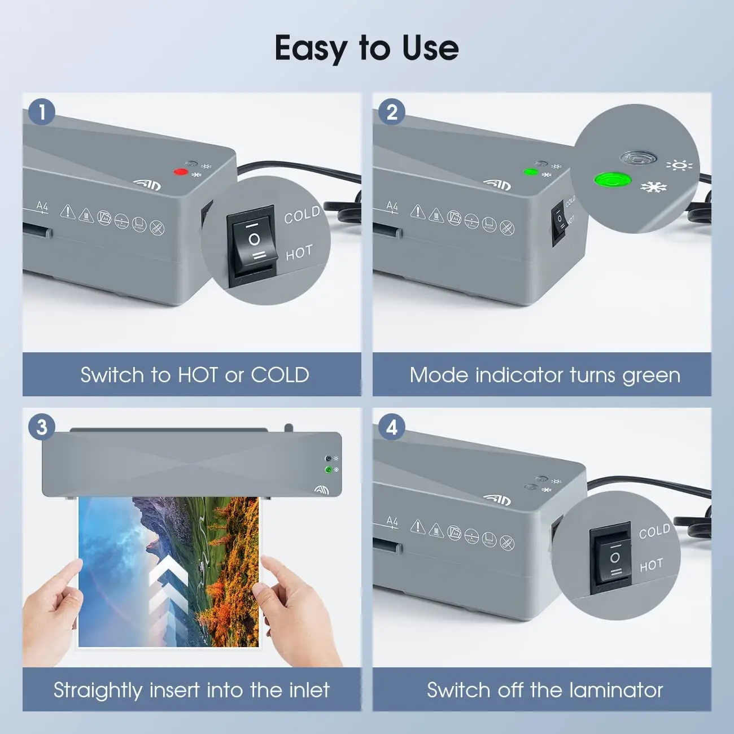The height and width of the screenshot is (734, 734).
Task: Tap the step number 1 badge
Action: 42,112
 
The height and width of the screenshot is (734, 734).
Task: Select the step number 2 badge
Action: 392,112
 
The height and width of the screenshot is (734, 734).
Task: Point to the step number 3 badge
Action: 42,427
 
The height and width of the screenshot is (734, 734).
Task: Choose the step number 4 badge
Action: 392,427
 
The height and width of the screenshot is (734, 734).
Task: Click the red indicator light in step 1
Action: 181,172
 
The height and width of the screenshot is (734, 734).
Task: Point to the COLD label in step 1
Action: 302,215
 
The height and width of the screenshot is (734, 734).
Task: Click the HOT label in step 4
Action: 651,565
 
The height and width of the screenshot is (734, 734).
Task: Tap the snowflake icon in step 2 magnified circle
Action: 654,187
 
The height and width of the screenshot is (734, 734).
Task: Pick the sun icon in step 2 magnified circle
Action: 679,165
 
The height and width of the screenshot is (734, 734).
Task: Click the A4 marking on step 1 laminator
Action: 42,207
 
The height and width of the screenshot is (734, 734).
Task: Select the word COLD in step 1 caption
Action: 280,375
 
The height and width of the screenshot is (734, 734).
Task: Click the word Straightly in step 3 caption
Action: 98,691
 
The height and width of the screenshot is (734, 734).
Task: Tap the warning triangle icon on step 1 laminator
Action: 67,212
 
